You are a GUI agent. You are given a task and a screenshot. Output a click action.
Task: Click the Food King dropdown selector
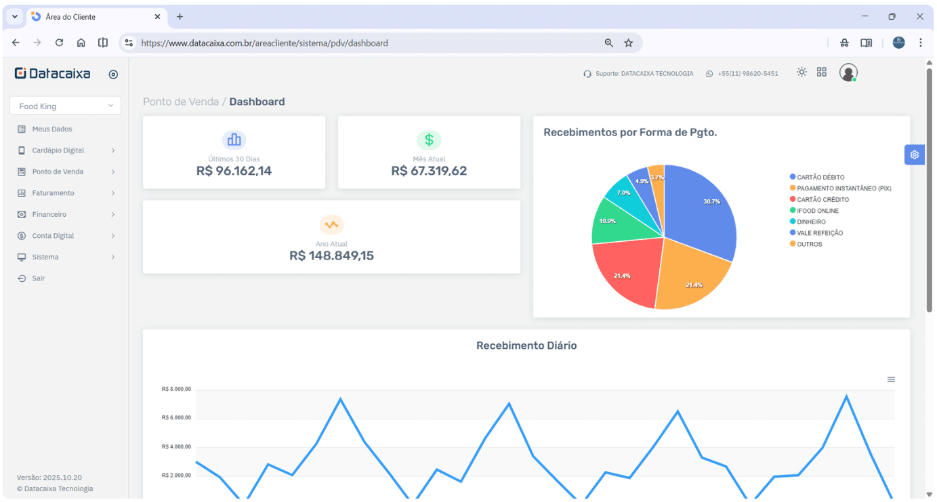65,106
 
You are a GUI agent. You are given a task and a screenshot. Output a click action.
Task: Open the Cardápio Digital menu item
58,150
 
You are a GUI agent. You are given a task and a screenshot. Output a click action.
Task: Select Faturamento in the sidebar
53,193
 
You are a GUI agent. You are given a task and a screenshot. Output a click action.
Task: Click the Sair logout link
39,278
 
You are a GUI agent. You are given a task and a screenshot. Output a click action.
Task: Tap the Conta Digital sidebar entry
53,236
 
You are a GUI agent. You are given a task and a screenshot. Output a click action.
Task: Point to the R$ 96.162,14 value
234,171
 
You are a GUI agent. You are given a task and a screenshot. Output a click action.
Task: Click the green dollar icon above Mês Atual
429,140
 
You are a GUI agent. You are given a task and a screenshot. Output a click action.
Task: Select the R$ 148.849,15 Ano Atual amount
331,255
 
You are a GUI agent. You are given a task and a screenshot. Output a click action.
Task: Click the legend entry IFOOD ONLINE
818,211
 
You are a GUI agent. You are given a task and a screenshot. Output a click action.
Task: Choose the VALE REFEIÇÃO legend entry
820,233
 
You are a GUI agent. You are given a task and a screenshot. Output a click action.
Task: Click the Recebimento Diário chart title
526,346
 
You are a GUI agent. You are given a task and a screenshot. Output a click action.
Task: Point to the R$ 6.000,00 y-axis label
176,418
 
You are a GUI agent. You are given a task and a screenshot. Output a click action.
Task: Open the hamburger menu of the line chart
891,379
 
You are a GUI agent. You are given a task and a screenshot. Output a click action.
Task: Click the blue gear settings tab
914,155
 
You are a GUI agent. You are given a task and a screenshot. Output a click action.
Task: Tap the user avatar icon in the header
848,72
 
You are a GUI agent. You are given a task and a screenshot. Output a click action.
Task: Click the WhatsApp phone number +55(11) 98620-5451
747,73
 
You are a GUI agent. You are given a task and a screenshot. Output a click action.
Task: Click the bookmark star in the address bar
628,43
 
